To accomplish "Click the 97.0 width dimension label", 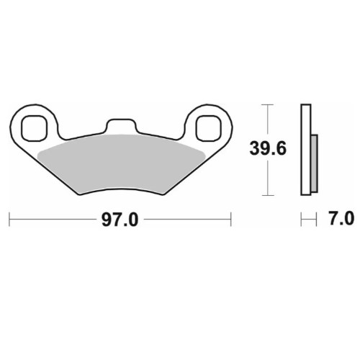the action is click(120, 220).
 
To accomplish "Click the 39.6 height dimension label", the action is click(268, 148).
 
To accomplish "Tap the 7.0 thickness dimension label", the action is click(342, 218).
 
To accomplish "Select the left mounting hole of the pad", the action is click(33, 128).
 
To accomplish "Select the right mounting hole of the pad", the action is click(208, 128).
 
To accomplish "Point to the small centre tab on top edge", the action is click(121, 125).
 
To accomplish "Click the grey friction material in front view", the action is click(121, 163).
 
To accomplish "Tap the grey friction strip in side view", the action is click(314, 163).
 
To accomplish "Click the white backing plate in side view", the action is click(306, 150).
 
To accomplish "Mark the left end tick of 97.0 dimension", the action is click(9, 219).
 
